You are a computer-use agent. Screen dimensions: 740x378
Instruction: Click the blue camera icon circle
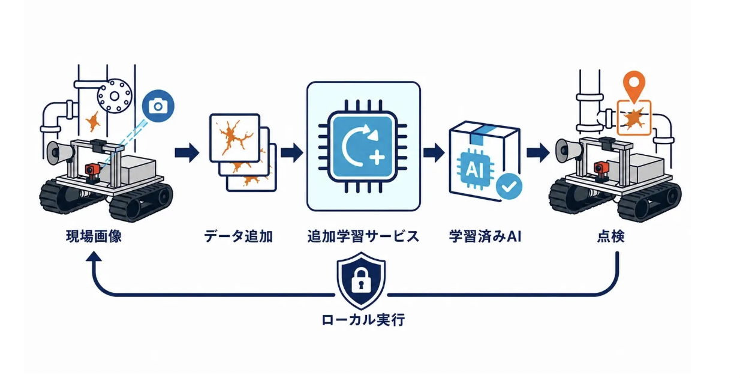(158, 106)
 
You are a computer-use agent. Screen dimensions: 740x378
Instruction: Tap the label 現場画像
(94, 236)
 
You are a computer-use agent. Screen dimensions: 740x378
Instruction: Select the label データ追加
(238, 236)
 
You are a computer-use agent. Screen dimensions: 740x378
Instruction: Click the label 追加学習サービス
(363, 236)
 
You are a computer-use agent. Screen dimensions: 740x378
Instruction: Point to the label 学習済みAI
(485, 236)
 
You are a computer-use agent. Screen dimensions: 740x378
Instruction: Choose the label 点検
(611, 236)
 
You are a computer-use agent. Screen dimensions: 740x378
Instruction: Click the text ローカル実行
(363, 320)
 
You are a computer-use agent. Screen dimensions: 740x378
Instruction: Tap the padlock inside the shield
(361, 281)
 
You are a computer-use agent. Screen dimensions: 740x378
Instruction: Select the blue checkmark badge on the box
(509, 187)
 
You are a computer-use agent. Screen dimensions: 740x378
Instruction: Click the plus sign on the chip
(377, 158)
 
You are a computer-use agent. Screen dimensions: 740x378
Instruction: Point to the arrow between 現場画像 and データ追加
(187, 152)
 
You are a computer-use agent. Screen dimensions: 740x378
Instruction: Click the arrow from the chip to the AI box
(434, 152)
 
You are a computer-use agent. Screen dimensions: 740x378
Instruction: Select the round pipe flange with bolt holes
(115, 96)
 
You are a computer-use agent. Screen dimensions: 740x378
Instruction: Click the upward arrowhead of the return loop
(94, 256)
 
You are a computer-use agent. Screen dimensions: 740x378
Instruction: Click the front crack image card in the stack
(235, 138)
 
